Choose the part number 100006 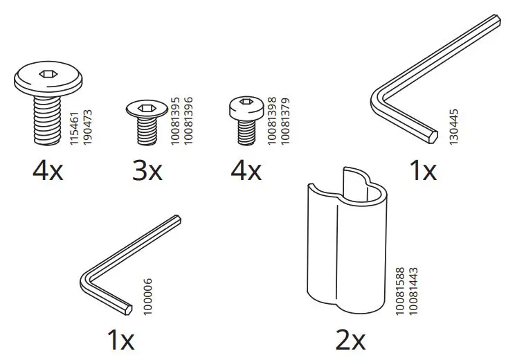148,298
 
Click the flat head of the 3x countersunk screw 147,108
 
